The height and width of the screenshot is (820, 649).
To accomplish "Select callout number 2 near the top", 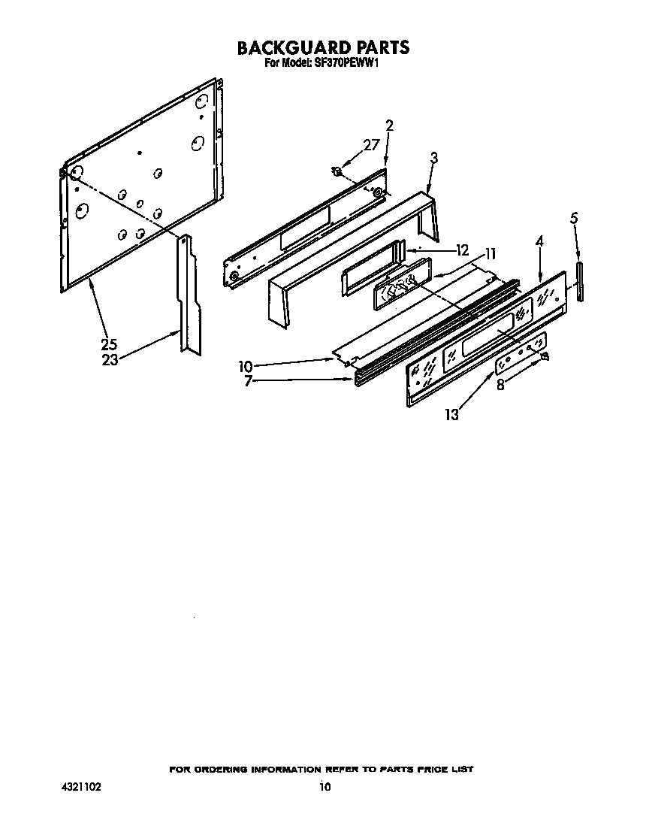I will click(389, 126).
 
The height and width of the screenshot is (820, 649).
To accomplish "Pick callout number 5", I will click(575, 219).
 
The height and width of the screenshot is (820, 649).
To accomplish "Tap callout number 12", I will click(461, 250).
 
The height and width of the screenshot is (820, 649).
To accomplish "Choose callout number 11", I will click(490, 254).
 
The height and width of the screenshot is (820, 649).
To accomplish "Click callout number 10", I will click(246, 367).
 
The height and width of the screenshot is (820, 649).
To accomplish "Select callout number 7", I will click(248, 381).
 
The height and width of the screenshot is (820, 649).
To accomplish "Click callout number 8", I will click(501, 384).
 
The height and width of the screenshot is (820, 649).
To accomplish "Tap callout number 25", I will click(110, 345).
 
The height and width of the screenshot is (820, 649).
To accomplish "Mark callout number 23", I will click(110, 359).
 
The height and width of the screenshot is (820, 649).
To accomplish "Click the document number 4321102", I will click(81, 788).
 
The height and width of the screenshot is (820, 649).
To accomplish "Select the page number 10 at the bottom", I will click(324, 788).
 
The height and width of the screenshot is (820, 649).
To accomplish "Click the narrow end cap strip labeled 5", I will click(580, 282).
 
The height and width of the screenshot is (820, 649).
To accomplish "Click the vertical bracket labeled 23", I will click(188, 293).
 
